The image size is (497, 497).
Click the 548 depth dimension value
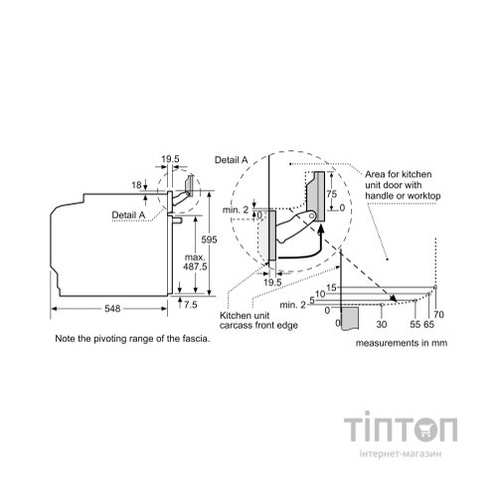coord(112,309)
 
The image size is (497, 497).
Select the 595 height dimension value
coord(209,240)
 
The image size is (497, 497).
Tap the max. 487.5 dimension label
coord(196,261)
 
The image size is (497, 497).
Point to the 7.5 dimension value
coord(191,304)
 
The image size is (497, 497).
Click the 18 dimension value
coord(136,185)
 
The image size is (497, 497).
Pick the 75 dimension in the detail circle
coord(331,194)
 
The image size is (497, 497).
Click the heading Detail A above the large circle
coord(232,160)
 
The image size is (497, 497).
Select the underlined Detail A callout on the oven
coord(128,215)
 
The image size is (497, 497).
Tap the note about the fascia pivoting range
coord(132,339)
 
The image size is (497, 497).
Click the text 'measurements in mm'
coord(402,343)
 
